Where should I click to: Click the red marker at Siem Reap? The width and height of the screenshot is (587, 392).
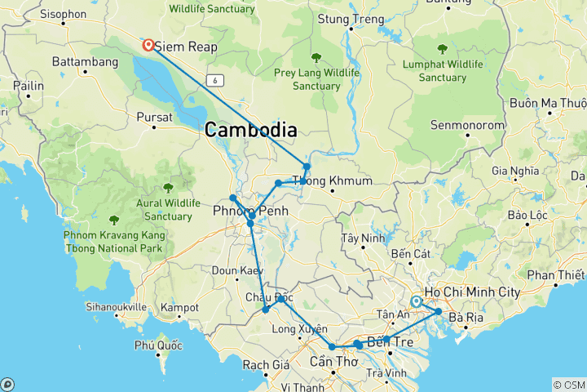[x=148, y=45]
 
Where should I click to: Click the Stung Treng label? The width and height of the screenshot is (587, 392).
[x=352, y=18]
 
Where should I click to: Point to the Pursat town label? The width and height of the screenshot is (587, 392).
[x=155, y=117]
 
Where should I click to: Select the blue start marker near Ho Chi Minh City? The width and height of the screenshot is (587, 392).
[x=417, y=301]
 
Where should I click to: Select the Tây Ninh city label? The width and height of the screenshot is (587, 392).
[x=362, y=239]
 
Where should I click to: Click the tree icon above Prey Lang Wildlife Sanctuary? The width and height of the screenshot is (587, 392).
[x=316, y=57]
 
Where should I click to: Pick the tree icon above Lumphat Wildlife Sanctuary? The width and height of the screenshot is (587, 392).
[x=442, y=48]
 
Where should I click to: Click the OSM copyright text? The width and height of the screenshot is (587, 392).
[x=568, y=385]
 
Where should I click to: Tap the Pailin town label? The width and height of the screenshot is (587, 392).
[x=28, y=85]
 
